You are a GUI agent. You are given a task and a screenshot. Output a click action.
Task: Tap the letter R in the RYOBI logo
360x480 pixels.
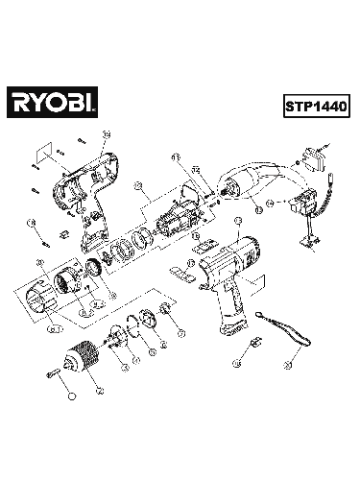pyautogui.click(x=20, y=99)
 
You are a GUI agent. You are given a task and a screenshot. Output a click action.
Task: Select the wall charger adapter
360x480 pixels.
pyautogui.click(x=316, y=162)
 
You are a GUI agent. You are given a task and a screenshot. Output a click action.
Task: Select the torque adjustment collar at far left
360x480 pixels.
pyautogui.click(x=43, y=289)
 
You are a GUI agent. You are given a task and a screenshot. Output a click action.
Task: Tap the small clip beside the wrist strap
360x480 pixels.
pyautogui.click(x=253, y=342)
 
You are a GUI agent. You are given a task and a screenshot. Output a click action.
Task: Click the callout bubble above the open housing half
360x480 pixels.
pyautogui.click(x=107, y=133)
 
